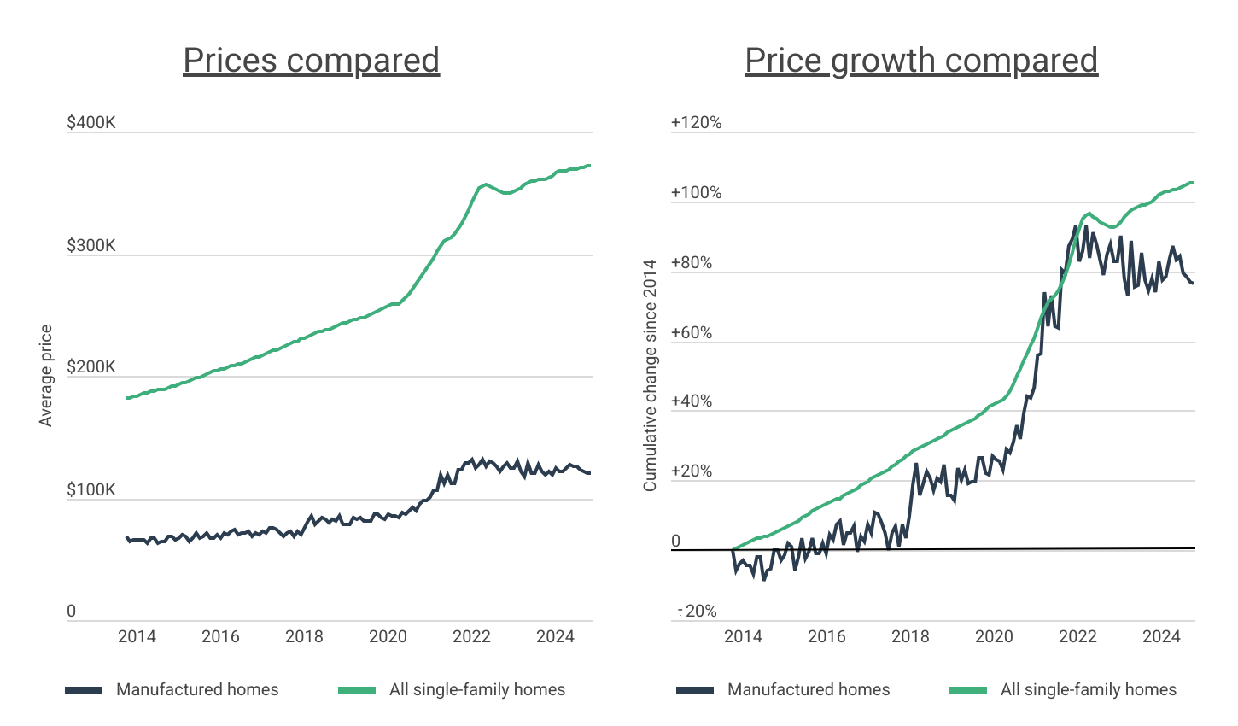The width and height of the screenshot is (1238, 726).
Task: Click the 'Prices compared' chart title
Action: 311,61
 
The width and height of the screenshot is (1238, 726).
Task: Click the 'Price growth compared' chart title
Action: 921,61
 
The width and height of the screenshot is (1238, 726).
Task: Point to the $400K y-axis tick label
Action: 91,123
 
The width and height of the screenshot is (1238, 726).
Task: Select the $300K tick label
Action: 91,246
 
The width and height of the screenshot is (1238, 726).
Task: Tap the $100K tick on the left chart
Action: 91,490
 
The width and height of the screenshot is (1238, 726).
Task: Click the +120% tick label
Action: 696,123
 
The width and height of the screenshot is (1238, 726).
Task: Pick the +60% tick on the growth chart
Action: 692,332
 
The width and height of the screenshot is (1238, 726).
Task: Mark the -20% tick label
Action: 698,611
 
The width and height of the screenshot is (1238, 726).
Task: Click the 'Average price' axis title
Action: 46,375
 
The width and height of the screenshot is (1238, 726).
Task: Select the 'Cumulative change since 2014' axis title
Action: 650,375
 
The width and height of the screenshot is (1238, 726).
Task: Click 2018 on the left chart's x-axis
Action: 304,636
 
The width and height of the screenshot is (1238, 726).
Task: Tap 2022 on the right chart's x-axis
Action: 1077,636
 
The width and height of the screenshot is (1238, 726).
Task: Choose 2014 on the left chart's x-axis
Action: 137,636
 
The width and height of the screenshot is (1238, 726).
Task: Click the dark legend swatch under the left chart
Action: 84,690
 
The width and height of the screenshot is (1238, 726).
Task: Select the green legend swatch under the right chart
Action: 968,690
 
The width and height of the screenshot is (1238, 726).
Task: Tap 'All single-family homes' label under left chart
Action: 477,690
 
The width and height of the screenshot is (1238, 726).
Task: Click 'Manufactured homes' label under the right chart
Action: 809,690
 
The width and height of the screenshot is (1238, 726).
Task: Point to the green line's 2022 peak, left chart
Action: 485,184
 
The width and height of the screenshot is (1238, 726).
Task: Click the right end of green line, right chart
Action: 1192,182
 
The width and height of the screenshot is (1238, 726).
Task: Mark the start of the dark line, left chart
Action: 126,537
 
